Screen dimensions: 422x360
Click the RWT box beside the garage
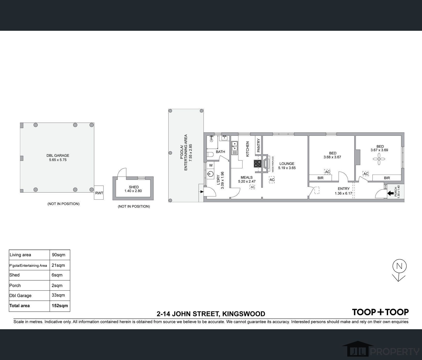99,193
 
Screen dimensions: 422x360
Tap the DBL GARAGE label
58,155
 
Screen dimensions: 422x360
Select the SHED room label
134,187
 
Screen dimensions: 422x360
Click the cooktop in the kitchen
258,163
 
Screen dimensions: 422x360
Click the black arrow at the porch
390,193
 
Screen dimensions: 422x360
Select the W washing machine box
211,165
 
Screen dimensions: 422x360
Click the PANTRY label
258,145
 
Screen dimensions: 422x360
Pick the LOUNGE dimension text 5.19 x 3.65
287,168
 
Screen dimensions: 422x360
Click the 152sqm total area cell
60,306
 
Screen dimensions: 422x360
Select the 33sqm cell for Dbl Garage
58,295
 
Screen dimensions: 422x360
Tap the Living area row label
20,255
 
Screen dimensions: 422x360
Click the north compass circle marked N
400,266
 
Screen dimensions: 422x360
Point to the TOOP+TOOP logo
380,312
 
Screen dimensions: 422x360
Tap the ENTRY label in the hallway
344,189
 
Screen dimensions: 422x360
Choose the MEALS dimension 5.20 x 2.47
247,182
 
